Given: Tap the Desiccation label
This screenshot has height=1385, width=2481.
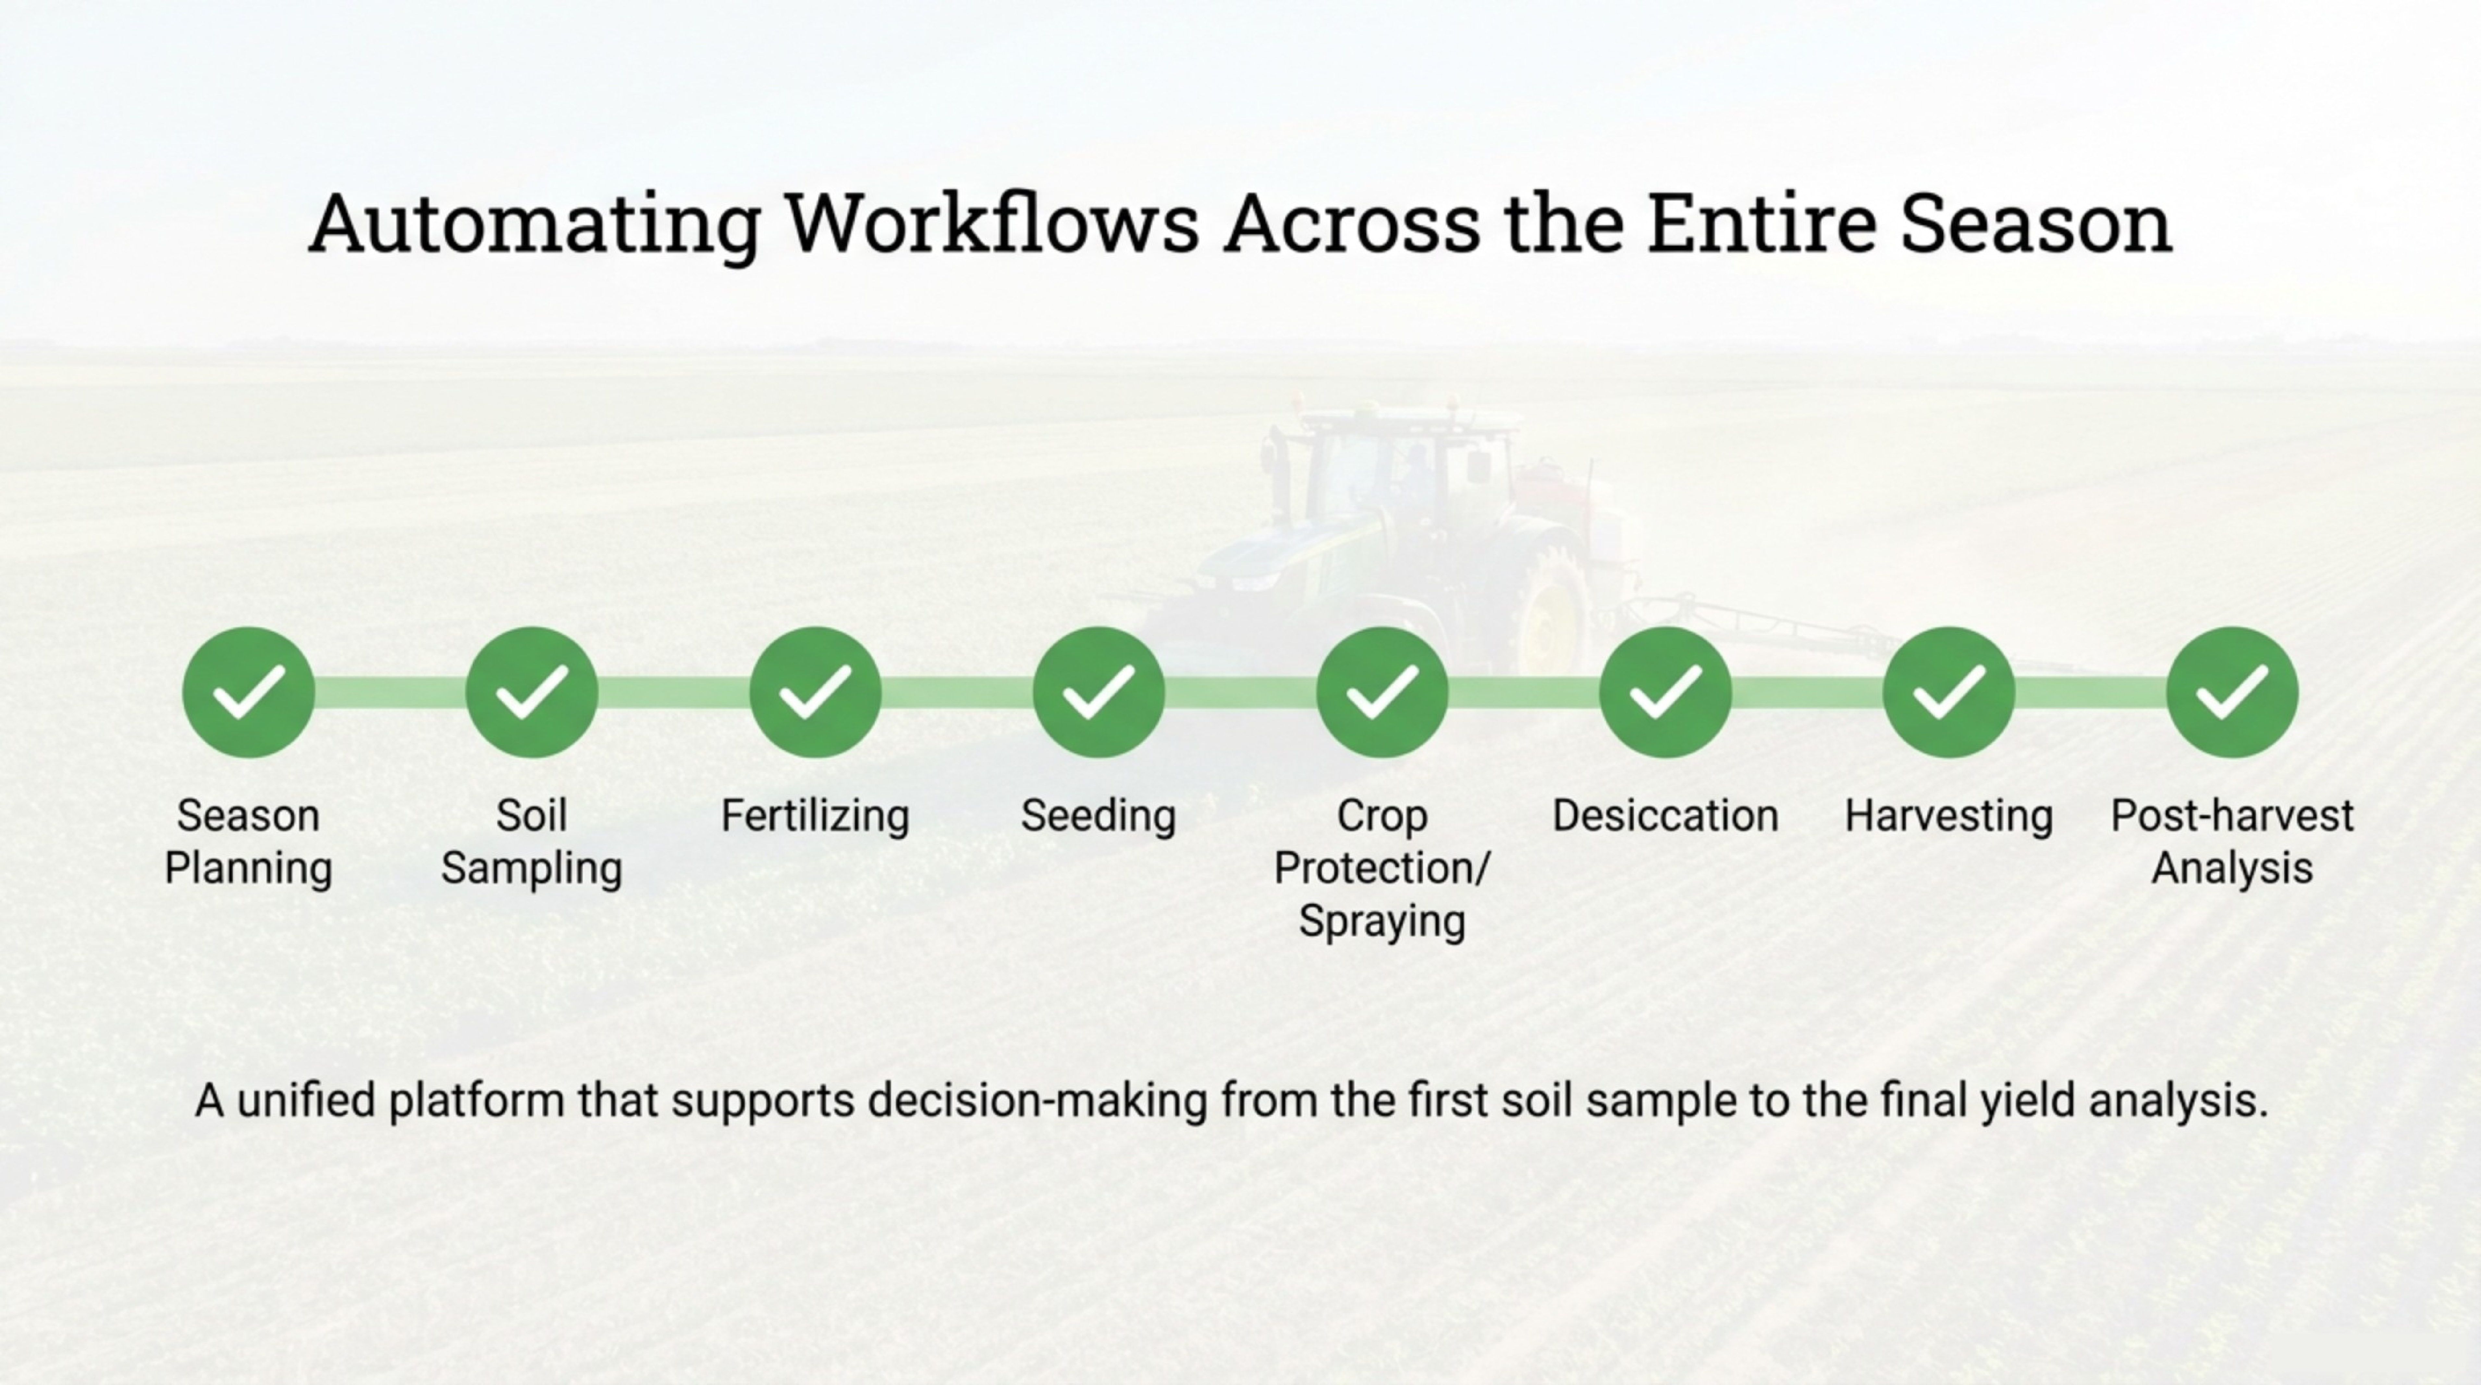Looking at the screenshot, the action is coord(1665,816).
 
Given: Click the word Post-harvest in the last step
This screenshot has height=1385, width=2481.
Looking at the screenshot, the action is coord(2232,816).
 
